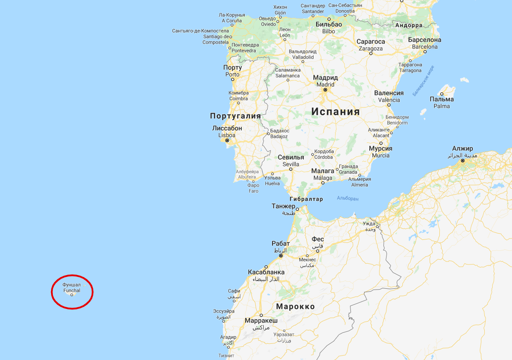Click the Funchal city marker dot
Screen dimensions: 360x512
click(72, 295)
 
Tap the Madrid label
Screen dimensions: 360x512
click(325, 81)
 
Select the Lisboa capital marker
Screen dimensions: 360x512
click(227, 140)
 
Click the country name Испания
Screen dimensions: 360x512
click(335, 111)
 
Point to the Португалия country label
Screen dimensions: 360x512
click(236, 116)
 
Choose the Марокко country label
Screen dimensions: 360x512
click(295, 306)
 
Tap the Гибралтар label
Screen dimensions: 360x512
click(306, 199)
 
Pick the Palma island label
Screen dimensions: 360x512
click(442, 103)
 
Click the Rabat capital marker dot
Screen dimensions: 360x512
click(281, 255)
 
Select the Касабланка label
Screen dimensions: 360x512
click(266, 272)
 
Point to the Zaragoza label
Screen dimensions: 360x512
click(371, 45)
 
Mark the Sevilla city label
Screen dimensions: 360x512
click(291, 161)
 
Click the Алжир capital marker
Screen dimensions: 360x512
click(463, 161)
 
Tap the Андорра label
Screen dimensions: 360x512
click(409, 25)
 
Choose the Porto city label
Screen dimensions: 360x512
click(232, 71)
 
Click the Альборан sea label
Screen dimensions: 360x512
click(347, 198)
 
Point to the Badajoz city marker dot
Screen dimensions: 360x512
click(268, 133)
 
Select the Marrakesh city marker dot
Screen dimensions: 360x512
click(261, 315)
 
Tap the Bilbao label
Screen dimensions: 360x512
click(328, 28)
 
